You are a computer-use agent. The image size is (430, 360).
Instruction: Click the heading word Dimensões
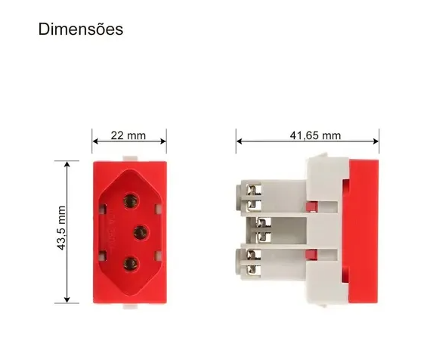[80, 29]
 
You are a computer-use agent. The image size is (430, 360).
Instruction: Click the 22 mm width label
[128, 135]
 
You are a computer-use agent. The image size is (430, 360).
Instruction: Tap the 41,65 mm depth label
[315, 135]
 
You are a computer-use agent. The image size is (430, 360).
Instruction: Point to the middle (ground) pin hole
[138, 231]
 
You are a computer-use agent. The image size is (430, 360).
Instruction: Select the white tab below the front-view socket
[130, 307]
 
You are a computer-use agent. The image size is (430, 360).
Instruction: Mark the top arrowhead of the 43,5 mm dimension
[68, 163]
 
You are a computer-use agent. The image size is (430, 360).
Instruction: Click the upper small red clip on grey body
[311, 205]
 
